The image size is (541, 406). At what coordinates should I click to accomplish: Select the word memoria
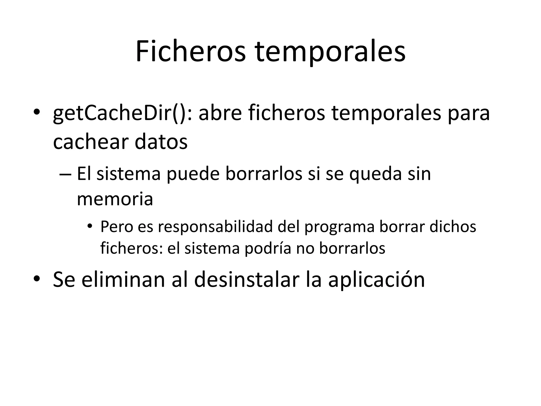(x=115, y=199)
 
